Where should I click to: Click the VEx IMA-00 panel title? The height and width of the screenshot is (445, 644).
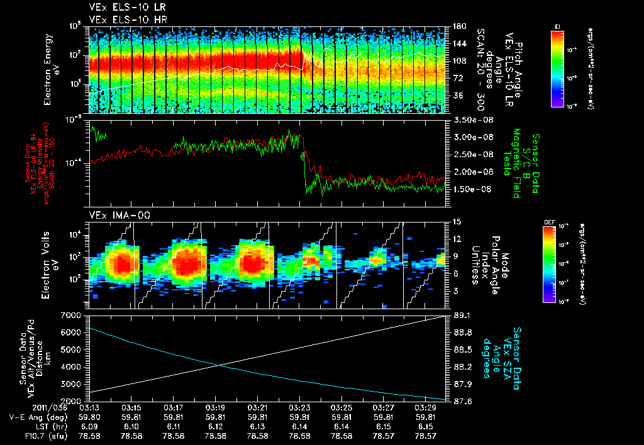pyautogui.click(x=113, y=216)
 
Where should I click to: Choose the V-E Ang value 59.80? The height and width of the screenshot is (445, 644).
pyautogui.click(x=89, y=416)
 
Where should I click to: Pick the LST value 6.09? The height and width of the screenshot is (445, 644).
pyautogui.click(x=89, y=426)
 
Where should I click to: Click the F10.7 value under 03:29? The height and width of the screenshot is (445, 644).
pyautogui.click(x=426, y=435)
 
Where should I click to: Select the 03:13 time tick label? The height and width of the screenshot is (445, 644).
pyautogui.click(x=89, y=407)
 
